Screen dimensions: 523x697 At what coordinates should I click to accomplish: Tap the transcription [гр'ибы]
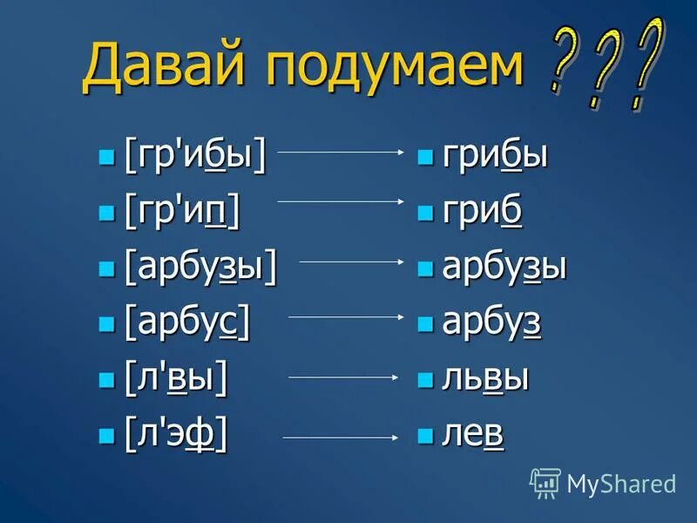(195, 158)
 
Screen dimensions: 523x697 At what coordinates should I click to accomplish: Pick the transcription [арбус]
(187, 323)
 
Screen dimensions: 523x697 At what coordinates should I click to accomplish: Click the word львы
(486, 378)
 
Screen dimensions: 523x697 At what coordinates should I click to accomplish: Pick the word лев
(473, 432)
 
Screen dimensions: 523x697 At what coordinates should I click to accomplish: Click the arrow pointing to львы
(343, 377)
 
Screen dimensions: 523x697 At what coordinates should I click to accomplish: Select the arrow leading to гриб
(341, 201)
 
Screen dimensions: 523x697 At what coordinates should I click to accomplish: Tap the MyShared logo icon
(545, 482)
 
